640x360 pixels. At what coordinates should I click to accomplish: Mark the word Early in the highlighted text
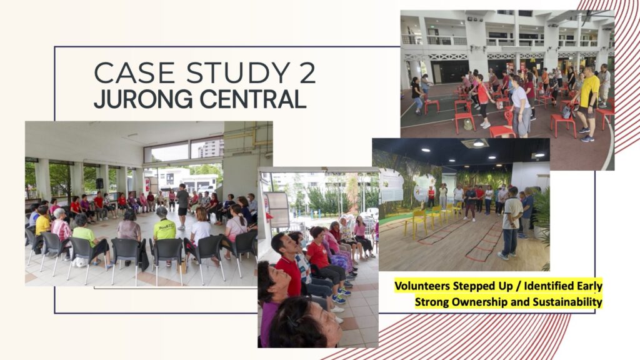589,286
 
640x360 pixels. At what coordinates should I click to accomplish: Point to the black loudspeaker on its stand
99,184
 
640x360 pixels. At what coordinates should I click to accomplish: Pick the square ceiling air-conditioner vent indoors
475,143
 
